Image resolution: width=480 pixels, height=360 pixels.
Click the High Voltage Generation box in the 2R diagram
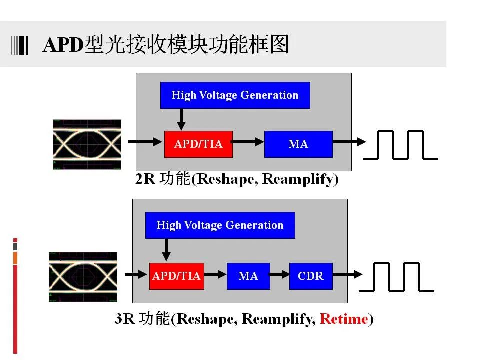click(x=235, y=95)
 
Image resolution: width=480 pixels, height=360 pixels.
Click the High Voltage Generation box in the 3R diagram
click(x=220, y=225)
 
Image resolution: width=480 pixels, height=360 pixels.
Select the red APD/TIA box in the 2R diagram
click(x=198, y=144)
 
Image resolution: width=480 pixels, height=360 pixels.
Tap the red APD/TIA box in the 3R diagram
click(x=177, y=276)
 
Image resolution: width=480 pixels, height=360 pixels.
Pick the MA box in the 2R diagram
click(x=298, y=144)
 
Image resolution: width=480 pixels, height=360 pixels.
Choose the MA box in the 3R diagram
click(x=248, y=276)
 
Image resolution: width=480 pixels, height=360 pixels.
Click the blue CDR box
click(x=311, y=276)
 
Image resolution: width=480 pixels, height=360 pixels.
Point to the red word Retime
click(x=344, y=319)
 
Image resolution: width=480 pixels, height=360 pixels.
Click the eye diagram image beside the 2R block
click(x=87, y=144)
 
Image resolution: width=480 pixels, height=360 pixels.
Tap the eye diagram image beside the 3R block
click(x=83, y=277)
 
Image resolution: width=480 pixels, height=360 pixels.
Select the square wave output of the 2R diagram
click(x=400, y=145)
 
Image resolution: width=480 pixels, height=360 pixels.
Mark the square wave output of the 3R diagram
click(x=396, y=277)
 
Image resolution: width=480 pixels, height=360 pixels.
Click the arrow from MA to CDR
click(x=279, y=274)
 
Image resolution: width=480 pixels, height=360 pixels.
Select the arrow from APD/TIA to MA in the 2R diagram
click(x=247, y=142)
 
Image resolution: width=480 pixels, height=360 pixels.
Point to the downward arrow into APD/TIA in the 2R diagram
click(x=181, y=119)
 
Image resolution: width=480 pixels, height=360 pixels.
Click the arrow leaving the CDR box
click(x=348, y=274)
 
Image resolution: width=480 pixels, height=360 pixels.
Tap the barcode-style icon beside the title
click(x=19, y=45)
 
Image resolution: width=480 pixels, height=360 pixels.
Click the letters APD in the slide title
click(x=63, y=45)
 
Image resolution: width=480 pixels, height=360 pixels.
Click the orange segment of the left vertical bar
click(x=15, y=258)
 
